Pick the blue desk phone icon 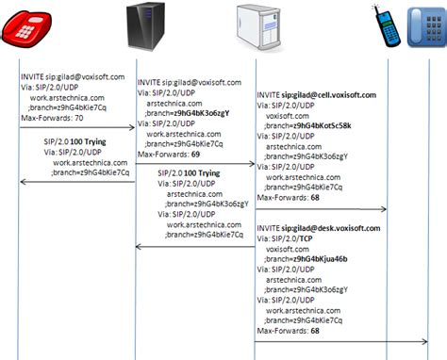425,29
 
